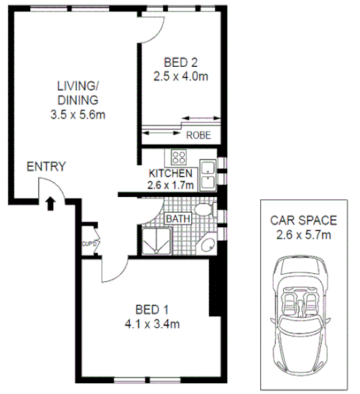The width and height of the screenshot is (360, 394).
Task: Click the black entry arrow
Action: point(50,203)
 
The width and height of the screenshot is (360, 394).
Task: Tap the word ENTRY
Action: point(46,167)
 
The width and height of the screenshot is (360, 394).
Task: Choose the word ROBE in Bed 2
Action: point(198,134)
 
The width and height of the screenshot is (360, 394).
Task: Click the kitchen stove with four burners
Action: point(177,158)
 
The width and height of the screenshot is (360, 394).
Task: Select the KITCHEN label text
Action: point(170,174)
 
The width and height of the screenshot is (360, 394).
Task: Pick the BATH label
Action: point(179,218)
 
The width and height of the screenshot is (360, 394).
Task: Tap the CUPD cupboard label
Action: point(89,244)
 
